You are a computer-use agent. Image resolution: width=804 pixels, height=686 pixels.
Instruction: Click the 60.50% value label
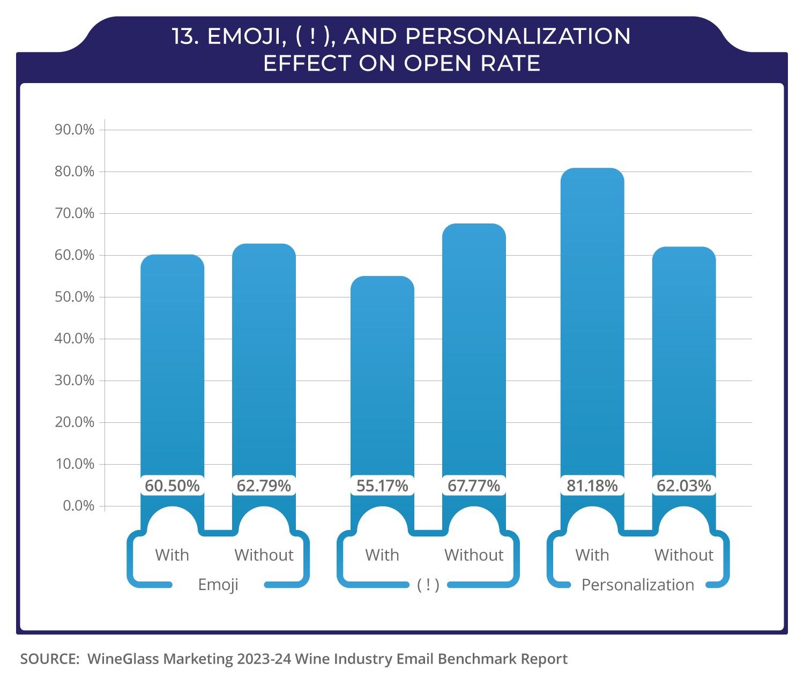pos(172,486)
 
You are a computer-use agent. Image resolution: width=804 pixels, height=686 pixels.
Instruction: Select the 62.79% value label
pos(264,486)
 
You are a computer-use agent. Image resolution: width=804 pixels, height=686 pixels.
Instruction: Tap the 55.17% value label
pos(382,486)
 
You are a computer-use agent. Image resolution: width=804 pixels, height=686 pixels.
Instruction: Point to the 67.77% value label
pos(474,486)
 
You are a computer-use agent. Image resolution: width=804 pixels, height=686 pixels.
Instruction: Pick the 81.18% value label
pos(592,486)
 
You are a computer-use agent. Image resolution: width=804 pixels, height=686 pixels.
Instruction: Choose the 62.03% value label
pos(684,486)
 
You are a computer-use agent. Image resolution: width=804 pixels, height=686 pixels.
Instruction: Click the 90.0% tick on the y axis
pos(75,130)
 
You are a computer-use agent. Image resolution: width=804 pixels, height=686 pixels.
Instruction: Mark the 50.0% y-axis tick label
pos(75,297)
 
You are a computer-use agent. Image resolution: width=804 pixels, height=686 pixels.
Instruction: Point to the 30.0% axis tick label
pos(75,381)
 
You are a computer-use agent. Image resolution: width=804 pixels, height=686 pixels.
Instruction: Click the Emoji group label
pos(218,584)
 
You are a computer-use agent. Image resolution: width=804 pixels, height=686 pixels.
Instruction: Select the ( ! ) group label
pos(428,585)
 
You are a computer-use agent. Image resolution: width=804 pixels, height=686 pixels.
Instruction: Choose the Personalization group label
pos(638,585)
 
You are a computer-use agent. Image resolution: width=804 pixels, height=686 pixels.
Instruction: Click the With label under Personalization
pos(592,555)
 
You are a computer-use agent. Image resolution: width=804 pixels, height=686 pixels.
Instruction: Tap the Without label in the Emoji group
pos(264,555)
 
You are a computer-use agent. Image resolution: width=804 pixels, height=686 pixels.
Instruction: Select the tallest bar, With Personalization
pos(592,322)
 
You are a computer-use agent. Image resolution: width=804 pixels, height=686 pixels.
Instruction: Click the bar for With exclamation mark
pos(382,375)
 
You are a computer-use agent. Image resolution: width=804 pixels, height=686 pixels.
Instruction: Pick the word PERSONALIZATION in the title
pos(518,36)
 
